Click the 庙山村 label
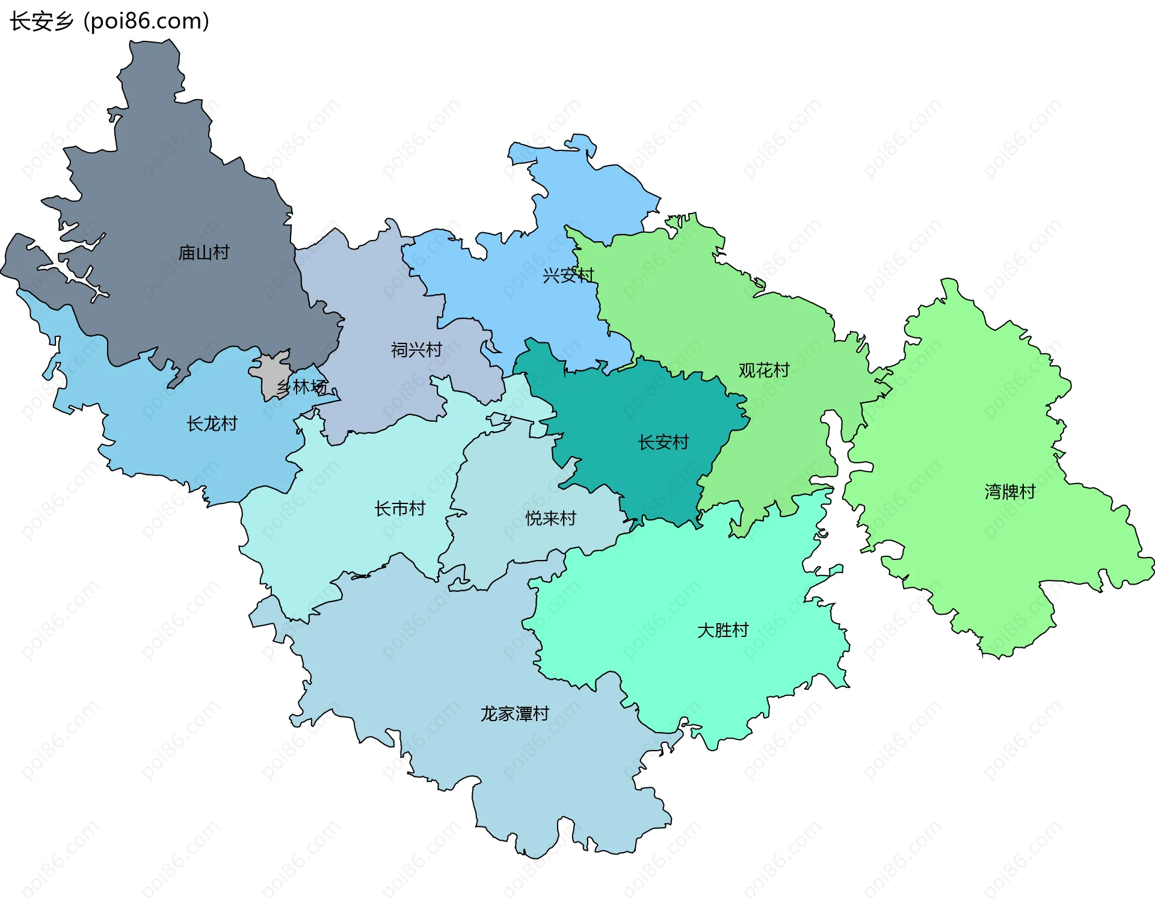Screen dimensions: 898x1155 pyautogui.click(x=204, y=253)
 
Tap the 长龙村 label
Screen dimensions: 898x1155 pyautogui.click(x=212, y=424)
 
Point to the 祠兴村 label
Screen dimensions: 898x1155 pyautogui.click(x=416, y=350)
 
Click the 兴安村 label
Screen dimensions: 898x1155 pyautogui.click(x=568, y=275)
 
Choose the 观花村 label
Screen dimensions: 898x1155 pyautogui.click(x=764, y=371)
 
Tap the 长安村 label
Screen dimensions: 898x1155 pyautogui.click(x=663, y=443)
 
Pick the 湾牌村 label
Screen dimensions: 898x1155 pyautogui.click(x=1010, y=492)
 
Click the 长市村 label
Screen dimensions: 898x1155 pyautogui.click(x=399, y=509)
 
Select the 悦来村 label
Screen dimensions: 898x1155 pyautogui.click(x=550, y=518)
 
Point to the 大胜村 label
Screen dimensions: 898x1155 pyautogui.click(x=722, y=630)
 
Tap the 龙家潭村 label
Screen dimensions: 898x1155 pyautogui.click(x=514, y=714)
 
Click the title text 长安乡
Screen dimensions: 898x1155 pyautogui.click(x=41, y=22)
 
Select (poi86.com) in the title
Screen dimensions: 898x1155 pyautogui.click(x=146, y=22)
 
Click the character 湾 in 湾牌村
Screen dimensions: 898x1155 pyautogui.click(x=993, y=492)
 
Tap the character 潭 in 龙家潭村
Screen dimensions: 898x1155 pyautogui.click(x=523, y=714)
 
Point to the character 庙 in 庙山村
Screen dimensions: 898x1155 pyautogui.click(x=186, y=253)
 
